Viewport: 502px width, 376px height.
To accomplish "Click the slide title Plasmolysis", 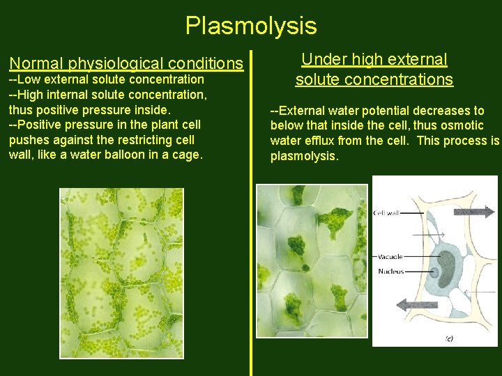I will pyautogui.click(x=251, y=26).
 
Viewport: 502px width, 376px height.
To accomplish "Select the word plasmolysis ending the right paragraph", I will pyautogui.click(x=304, y=156).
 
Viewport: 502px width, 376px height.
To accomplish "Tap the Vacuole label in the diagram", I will pyautogui.click(x=390, y=257).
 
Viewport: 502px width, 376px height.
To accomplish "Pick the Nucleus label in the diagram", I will pyautogui.click(x=391, y=272).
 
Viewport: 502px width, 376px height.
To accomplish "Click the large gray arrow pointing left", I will pyautogui.click(x=417, y=304).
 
